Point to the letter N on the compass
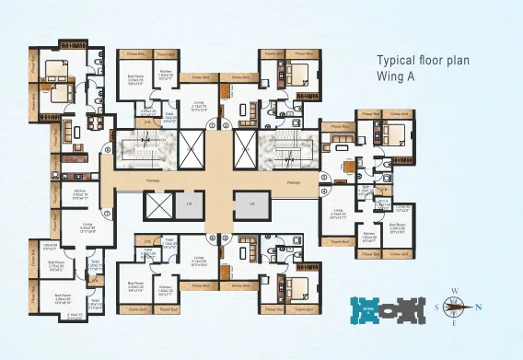478,307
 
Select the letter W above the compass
454,292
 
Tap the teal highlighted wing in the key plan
366,308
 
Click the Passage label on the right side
294,182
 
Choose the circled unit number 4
326,192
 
